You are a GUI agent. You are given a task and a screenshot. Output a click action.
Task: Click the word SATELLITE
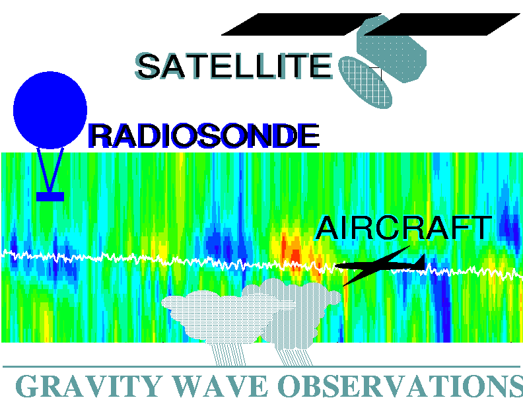click(x=234, y=66)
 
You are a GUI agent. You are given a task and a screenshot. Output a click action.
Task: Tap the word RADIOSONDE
click(x=204, y=136)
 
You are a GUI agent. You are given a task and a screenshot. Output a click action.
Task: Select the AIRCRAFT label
click(x=403, y=228)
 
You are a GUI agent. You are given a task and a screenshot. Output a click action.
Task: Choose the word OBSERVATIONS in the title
click(x=400, y=386)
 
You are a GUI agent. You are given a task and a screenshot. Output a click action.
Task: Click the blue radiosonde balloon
click(x=50, y=110)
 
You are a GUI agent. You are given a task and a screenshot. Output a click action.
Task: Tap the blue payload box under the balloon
click(x=50, y=197)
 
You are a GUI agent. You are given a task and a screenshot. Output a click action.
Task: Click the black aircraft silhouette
click(x=380, y=265)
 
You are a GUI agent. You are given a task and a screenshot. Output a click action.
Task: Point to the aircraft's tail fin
click(x=421, y=261)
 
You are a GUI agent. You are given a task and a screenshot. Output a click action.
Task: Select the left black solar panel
click(x=301, y=24)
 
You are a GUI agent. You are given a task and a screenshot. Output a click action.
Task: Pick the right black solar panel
click(x=442, y=24)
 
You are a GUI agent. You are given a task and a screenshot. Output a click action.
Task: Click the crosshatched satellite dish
click(x=365, y=83)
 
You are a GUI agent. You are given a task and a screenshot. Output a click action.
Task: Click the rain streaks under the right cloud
click(x=295, y=356)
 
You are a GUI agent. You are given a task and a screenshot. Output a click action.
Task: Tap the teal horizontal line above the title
click(x=261, y=366)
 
